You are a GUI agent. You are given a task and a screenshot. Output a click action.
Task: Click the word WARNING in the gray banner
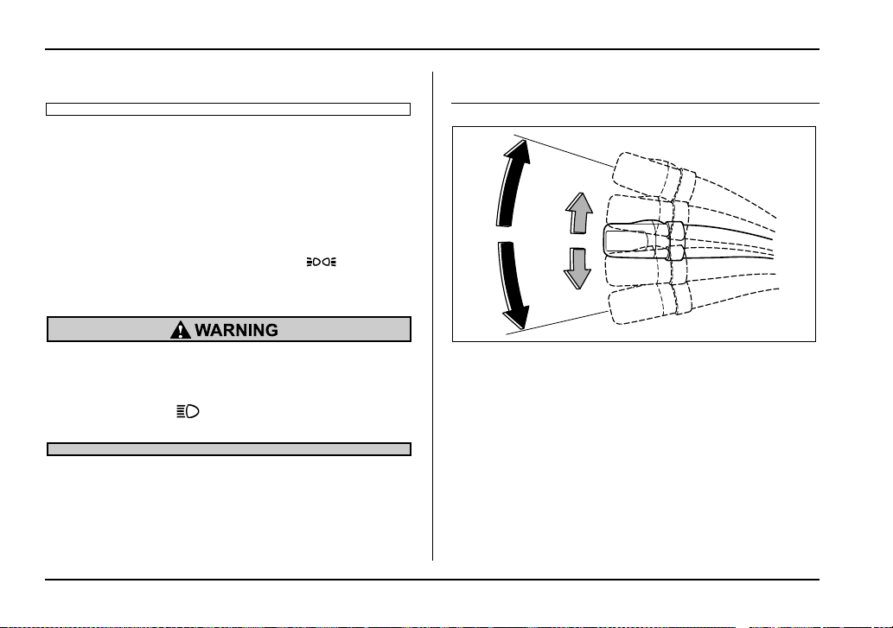236,330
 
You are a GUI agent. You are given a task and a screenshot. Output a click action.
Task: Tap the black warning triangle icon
181,329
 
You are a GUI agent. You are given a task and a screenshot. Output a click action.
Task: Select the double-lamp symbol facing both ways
322,262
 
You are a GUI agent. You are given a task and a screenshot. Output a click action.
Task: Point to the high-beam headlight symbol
188,411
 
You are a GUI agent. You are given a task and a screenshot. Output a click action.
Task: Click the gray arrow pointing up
578,213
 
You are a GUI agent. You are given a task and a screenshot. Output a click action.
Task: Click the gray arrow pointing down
577,269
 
